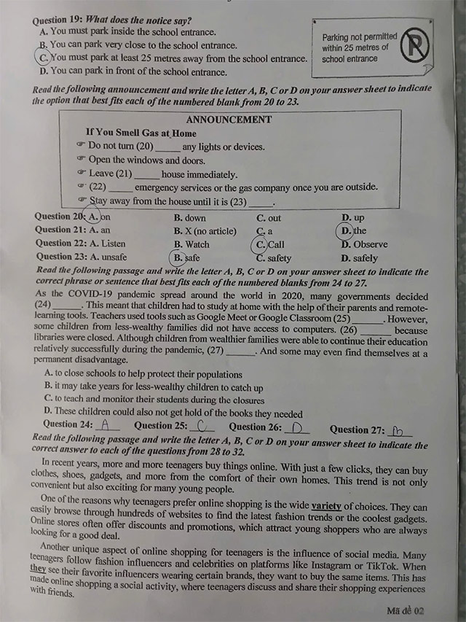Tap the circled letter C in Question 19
click(44, 58)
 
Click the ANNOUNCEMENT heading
click(229, 120)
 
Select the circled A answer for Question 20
click(93, 217)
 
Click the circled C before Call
click(260, 244)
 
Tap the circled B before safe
click(178, 257)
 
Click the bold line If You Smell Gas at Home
click(141, 133)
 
